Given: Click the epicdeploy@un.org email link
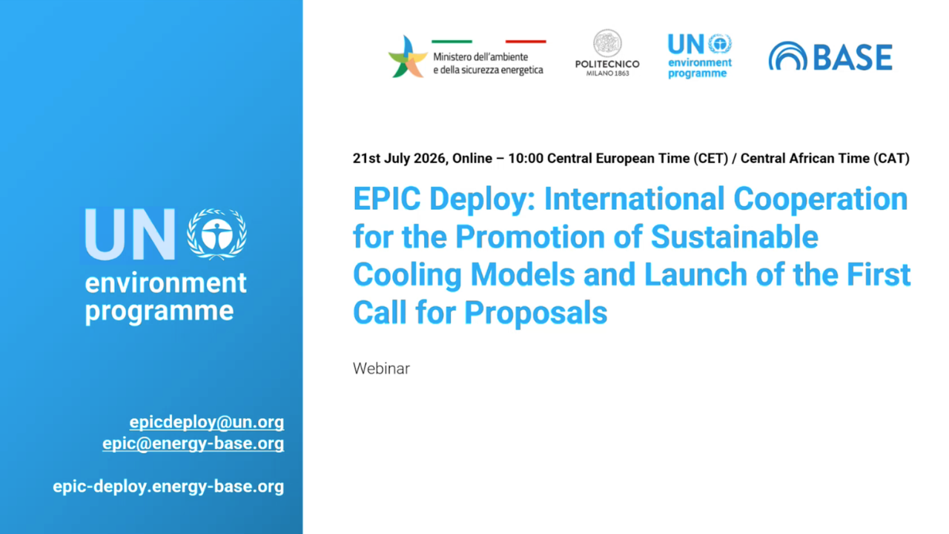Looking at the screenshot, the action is (207, 423).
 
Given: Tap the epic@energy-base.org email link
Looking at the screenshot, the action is (194, 444).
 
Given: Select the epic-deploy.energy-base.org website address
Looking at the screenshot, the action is (168, 487).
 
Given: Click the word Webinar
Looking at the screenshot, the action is (381, 369).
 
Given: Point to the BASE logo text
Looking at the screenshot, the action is (853, 57).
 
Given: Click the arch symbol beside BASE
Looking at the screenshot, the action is (788, 56).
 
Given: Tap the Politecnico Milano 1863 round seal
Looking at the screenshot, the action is (607, 43).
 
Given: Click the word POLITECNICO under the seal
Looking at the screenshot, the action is (607, 65).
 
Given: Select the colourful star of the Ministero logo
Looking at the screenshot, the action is (408, 57).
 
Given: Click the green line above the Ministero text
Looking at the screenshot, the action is (452, 42).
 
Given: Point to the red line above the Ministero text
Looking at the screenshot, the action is (526, 42).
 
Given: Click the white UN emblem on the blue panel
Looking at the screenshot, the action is (217, 234).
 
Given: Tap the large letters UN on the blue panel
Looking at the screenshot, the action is (130, 234).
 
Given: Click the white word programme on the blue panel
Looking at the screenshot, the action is (159, 311).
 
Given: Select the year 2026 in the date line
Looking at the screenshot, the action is (429, 159).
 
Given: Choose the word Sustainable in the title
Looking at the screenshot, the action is (734, 237).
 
